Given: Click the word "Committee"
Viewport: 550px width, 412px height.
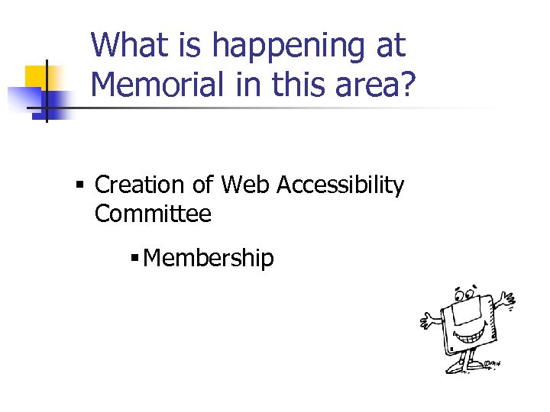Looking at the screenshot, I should coord(153,214).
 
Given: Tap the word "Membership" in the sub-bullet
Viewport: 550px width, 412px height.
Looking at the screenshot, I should coord(208,259).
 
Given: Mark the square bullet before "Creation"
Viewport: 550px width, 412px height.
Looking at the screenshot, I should coord(80,185).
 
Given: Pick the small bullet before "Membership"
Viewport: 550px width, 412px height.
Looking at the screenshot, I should coord(134,259).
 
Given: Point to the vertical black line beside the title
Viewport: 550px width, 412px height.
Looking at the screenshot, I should coord(47,90).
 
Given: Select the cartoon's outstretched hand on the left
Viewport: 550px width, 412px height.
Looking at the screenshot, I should coord(427,320).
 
